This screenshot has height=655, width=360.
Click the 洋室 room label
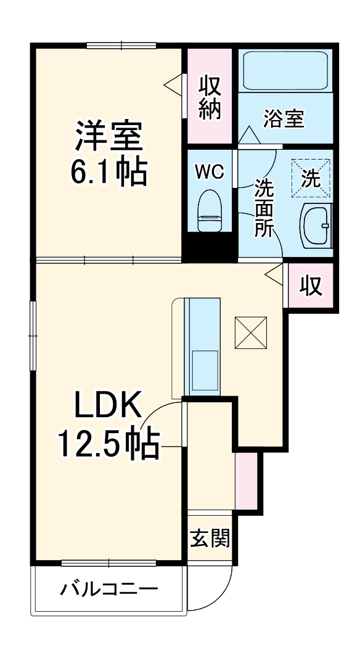coord(110,136)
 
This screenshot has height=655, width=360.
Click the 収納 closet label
coord(210,97)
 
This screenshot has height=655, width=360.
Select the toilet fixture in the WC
coord(210,211)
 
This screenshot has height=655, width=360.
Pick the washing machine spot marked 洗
coord(311,179)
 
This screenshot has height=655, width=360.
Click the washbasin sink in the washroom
coord(316,226)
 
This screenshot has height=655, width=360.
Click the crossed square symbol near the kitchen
coord(250,333)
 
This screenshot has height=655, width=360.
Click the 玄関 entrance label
coord(210,539)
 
